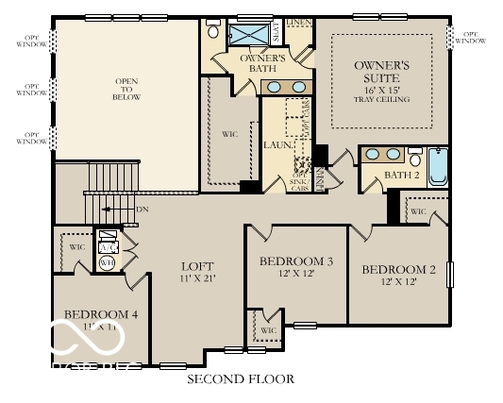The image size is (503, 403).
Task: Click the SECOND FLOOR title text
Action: [x=240, y=379]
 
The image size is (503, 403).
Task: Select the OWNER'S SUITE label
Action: [x=382, y=72]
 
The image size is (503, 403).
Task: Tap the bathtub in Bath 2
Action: [x=439, y=166]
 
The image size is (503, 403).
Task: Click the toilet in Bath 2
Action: [x=414, y=158]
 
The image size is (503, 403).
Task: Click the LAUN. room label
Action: [x=277, y=146]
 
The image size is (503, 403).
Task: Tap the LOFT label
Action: [x=198, y=266]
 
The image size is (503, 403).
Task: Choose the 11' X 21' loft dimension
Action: [x=198, y=280]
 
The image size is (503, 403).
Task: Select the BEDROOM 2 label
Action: [x=398, y=270]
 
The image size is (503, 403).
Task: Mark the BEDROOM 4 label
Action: [x=101, y=314]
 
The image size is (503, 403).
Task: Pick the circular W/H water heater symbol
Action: [x=107, y=263]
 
